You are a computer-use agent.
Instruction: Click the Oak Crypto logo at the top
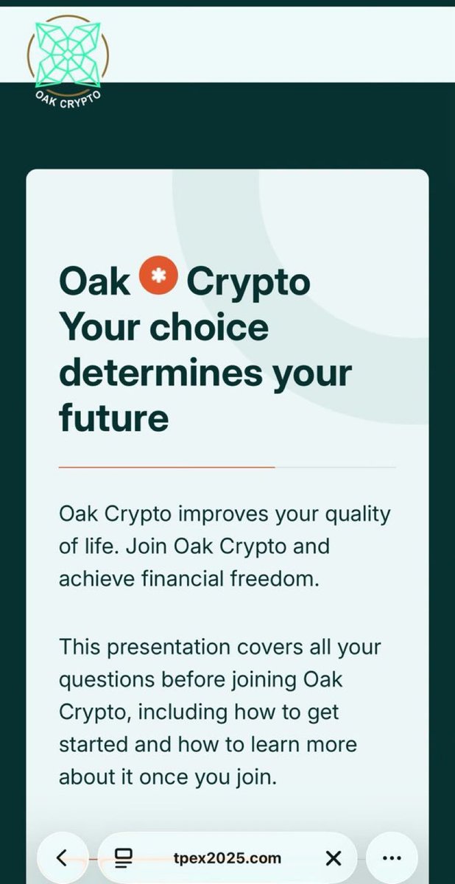[68, 62]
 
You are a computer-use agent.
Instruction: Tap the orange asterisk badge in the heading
[158, 279]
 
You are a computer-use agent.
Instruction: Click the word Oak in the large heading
[94, 282]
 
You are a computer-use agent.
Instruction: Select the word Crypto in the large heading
[248, 284]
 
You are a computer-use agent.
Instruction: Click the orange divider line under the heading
[166, 467]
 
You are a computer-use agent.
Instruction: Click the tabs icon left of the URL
[123, 857]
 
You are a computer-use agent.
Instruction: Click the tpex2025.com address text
[227, 857]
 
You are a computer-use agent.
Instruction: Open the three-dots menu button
[392, 857]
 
